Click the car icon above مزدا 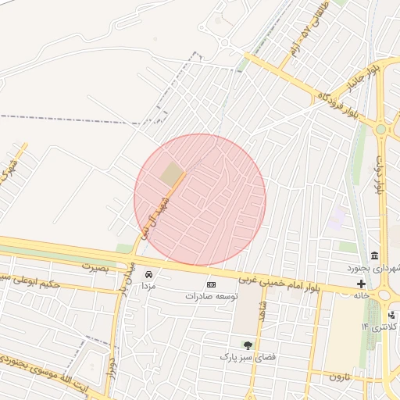click(148, 274)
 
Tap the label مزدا click(148, 286)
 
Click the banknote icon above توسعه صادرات click(210, 284)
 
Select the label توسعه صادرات click(210, 296)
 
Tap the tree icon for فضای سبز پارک click(248, 345)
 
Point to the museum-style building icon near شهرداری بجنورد click(375, 256)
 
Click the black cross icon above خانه click(361, 284)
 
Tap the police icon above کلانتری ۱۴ click(391, 314)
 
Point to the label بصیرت click(93, 266)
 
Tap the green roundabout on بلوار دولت click(381, 130)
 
